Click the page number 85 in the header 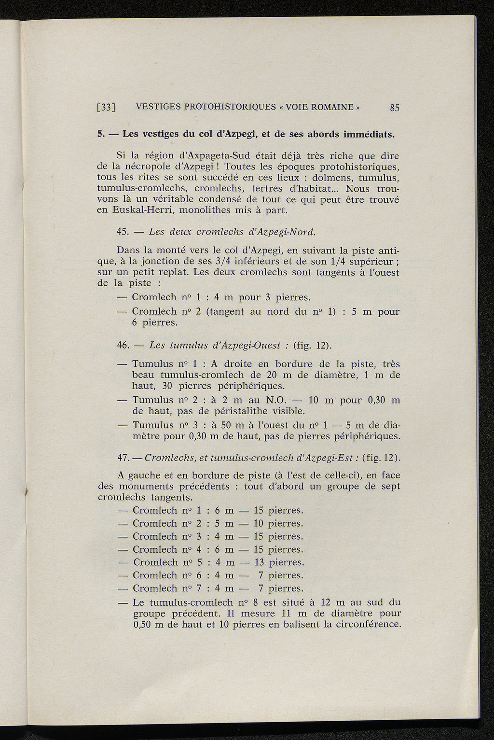pos(395,108)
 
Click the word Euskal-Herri pos(138,210)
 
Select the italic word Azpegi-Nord pos(288,232)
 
